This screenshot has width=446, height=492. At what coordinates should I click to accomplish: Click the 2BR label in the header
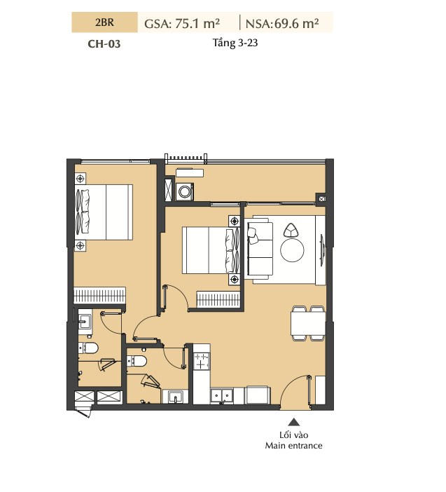pos(104,22)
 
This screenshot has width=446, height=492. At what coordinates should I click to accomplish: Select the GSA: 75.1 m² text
pos(182,23)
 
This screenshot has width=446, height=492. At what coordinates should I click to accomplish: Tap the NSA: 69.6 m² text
pos(282,23)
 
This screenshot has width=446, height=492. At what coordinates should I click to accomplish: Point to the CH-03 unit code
pos(104,43)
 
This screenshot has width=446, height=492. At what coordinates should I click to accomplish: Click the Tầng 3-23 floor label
pos(235,43)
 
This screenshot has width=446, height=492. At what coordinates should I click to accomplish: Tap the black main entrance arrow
pos(293,421)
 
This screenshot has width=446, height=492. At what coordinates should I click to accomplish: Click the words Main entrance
pos(293,446)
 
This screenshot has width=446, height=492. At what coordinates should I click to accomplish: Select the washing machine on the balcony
pos(185,191)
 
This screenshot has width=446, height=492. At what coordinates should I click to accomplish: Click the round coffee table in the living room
pos(292,250)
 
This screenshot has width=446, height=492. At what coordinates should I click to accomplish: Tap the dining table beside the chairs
pos(307,324)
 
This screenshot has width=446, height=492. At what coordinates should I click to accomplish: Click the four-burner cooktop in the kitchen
pos(201,361)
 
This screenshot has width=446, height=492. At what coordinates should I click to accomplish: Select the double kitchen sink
pos(221,395)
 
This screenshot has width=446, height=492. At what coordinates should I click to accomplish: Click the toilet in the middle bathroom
pos(137,361)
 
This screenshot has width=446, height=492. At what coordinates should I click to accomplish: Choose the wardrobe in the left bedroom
pos(99,296)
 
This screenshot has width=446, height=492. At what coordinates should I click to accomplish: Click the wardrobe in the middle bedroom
pos(218,300)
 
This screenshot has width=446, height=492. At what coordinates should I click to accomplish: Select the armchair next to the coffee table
pos(291,231)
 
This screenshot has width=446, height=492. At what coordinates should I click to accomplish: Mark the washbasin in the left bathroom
pos(85,321)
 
